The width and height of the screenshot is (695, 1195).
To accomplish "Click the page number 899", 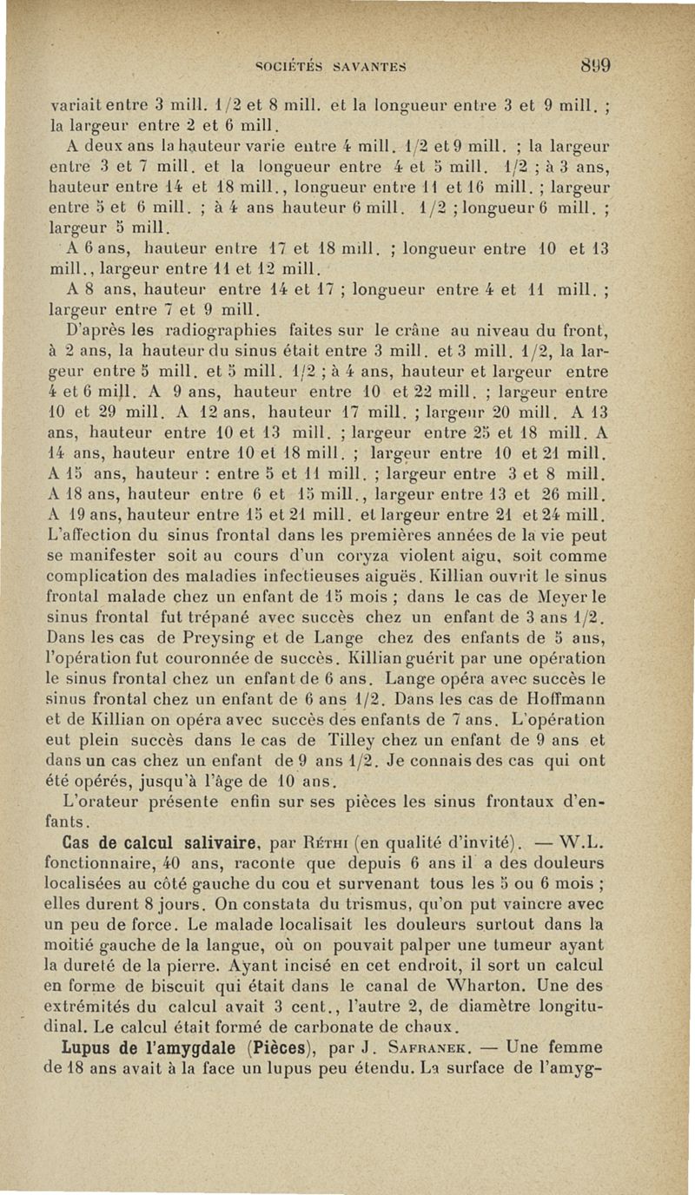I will (x=593, y=64).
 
